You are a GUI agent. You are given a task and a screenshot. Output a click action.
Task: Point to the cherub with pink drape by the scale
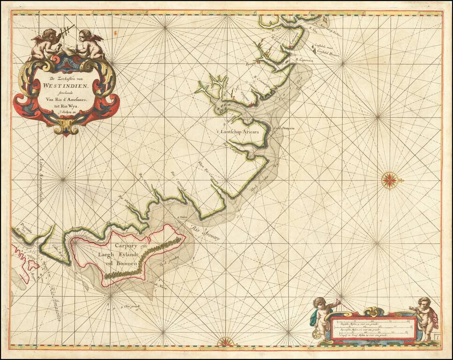tap(425, 319)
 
